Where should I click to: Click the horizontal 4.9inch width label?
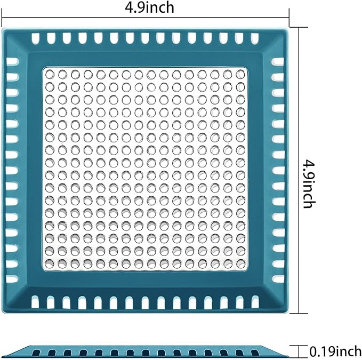pyautogui.click(x=149, y=7)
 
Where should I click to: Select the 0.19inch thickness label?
pyautogui.click(x=335, y=351)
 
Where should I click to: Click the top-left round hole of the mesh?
pyautogui.click(x=50, y=75)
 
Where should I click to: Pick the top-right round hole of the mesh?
pyautogui.click(x=240, y=74)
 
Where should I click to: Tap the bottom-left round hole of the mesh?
pyautogui.click(x=50, y=263)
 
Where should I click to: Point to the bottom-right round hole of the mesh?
pyautogui.click(x=240, y=263)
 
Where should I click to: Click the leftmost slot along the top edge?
pyautogui.click(x=35, y=38)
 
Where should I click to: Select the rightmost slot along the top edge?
pyautogui.click(x=255, y=38)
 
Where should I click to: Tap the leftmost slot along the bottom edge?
pyautogui.click(x=35, y=302)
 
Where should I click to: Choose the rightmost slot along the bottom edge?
pyautogui.click(x=255, y=302)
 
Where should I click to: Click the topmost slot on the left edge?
pyautogui.click(x=12, y=62)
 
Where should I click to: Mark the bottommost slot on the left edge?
pyautogui.click(x=12, y=279)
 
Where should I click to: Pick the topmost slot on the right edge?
pyautogui.click(x=277, y=62)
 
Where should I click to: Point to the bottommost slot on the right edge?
pyautogui.click(x=278, y=279)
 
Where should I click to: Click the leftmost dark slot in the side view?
pyautogui.click(x=37, y=353)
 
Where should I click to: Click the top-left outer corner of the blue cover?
pyautogui.click(x=2, y=28)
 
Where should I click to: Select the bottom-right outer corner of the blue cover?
pyautogui.click(x=288, y=313)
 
